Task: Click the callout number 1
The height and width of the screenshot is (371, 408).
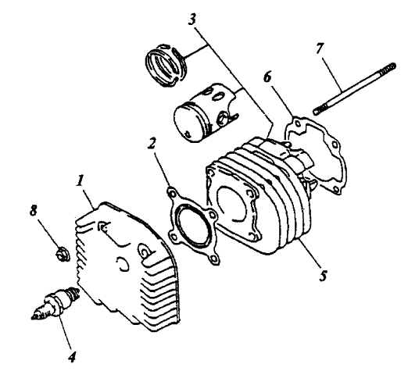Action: (81, 180)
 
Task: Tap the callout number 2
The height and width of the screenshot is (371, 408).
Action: (152, 143)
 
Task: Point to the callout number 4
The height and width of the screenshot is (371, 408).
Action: (72, 356)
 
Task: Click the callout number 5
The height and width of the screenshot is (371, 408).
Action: (324, 275)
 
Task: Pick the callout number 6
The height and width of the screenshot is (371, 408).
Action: (267, 77)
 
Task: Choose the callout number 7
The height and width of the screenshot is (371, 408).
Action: (320, 48)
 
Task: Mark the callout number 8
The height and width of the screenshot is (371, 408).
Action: (33, 210)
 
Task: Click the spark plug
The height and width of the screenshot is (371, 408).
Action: (55, 303)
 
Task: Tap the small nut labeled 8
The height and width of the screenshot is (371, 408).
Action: (63, 254)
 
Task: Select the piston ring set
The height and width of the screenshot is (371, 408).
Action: (166, 65)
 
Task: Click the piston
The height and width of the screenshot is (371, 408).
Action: (205, 112)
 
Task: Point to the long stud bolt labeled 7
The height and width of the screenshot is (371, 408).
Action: (355, 89)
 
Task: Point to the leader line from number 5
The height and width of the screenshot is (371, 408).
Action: (310, 252)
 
